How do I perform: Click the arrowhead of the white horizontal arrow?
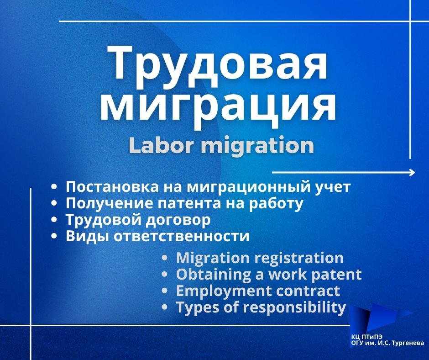click(412, 172)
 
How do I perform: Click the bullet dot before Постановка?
click(54, 187)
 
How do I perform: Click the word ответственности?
click(181, 237)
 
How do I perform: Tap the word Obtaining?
click(214, 275)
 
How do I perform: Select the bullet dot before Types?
click(164, 307)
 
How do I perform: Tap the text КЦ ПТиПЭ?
click(367, 337)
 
